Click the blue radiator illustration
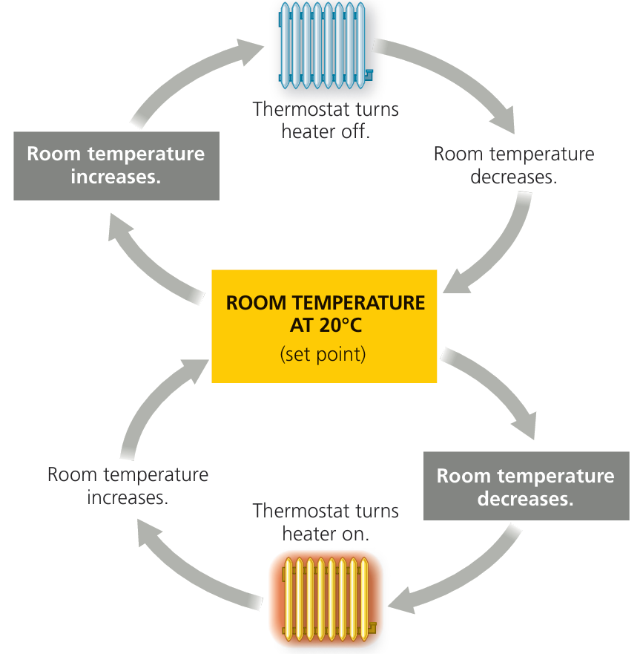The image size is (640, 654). [324, 43]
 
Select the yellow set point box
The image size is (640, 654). [324, 326]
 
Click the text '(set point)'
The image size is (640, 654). [323, 354]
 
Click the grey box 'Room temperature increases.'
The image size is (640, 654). [116, 166]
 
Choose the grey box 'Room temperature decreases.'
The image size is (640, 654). [526, 487]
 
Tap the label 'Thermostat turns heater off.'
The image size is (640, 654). [326, 120]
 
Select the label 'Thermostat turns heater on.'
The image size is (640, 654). [326, 522]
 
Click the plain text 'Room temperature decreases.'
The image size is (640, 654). [513, 166]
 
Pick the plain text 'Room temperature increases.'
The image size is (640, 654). [128, 485]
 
